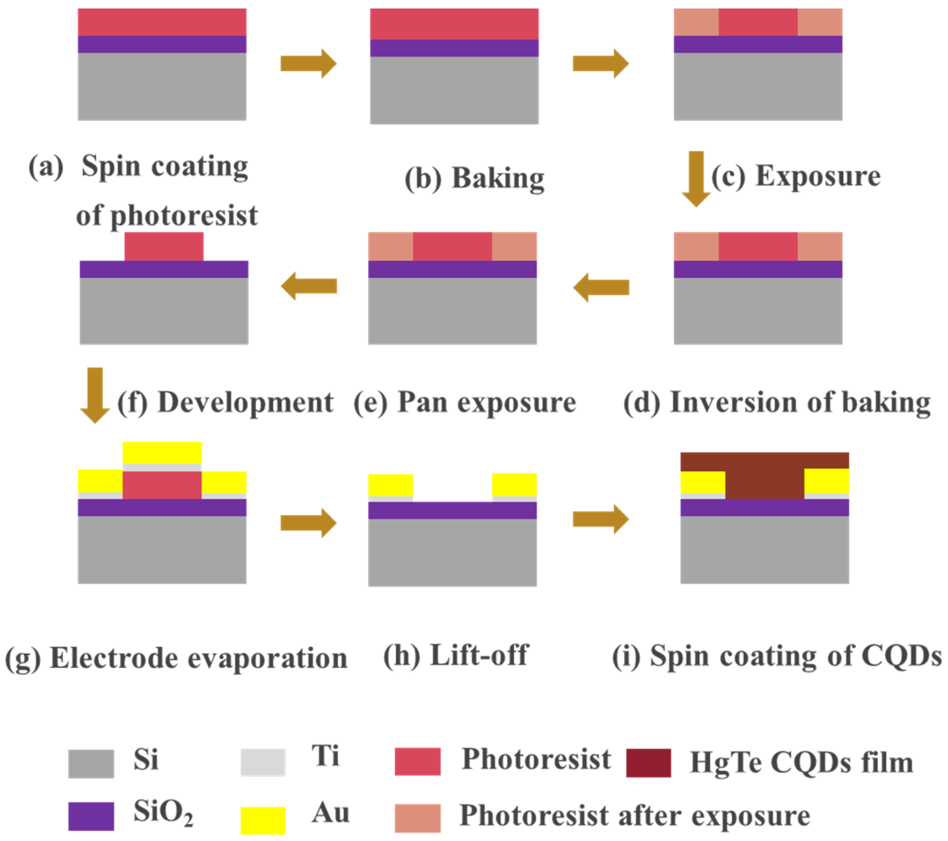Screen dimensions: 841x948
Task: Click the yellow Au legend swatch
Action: pos(262,820)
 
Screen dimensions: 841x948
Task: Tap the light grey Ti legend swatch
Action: pos(262,762)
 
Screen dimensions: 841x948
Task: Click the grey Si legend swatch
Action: pos(91,764)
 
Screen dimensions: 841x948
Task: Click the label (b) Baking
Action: pos(475,179)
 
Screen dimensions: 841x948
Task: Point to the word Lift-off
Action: pos(479,655)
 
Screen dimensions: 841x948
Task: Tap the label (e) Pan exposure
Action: pos(465,402)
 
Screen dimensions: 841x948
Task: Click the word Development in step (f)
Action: pos(246,402)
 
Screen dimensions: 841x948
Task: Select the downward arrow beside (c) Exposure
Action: pos(696,179)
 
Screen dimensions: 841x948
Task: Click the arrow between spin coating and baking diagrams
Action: pos(308,64)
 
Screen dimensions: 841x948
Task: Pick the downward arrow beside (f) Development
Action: pos(95,395)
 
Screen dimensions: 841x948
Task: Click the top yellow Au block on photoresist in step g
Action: pos(162,452)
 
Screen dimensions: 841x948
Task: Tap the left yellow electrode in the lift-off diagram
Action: pos(390,485)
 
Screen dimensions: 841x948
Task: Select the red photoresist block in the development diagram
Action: pos(164,246)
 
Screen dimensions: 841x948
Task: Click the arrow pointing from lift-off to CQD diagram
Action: pos(601,519)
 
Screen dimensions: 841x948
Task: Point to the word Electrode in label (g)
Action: pos(113,658)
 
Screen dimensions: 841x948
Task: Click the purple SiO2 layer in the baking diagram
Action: pos(454,48)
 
